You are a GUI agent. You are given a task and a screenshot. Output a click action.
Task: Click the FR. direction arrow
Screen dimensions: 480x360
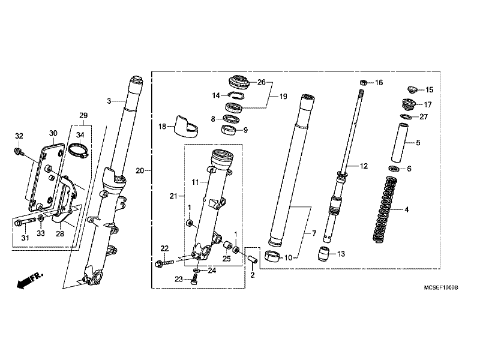click(29, 280)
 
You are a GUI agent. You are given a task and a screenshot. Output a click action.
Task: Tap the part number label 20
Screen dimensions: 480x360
click(140, 170)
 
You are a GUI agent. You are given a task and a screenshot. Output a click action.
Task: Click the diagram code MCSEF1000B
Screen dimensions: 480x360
click(441, 288)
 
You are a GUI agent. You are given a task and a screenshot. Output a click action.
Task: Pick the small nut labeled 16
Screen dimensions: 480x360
click(363, 83)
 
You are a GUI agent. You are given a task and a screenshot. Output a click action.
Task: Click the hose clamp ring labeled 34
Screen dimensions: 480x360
click(79, 151)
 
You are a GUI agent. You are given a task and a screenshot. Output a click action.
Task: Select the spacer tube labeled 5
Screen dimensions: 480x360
click(400, 143)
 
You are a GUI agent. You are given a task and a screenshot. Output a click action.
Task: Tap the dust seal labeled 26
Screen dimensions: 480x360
click(239, 83)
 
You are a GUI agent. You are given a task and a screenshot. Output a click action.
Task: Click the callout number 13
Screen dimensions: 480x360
click(341, 254)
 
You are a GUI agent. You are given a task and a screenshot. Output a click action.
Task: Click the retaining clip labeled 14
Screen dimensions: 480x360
click(236, 95)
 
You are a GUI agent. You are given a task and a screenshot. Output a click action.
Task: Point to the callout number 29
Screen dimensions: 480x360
click(83, 115)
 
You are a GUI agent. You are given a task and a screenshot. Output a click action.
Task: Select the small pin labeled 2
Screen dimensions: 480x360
click(252, 259)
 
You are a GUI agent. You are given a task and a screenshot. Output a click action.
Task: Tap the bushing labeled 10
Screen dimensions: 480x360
click(272, 257)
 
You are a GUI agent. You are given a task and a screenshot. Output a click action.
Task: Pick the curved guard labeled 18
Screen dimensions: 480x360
click(186, 126)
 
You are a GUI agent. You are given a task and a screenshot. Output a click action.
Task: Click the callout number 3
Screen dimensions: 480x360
click(109, 101)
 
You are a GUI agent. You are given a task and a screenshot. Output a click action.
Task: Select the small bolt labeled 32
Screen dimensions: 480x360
click(19, 151)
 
